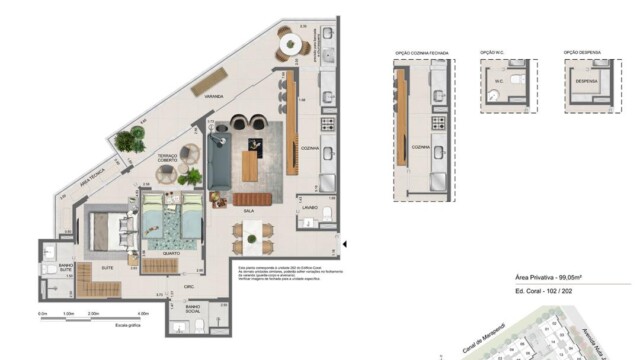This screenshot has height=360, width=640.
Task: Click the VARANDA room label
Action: point(213,97)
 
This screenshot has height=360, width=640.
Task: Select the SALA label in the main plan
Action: point(246,211)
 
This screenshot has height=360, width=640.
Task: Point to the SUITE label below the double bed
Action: point(105,267)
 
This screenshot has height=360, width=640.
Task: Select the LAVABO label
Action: point(309,209)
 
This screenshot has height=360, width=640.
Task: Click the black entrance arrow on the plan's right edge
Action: point(344,243)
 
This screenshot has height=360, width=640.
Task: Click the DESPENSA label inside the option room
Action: point(585,82)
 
